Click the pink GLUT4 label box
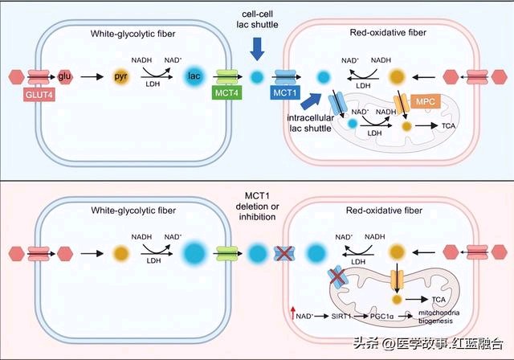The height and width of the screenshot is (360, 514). click(x=39, y=95)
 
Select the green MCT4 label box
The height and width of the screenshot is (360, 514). click(x=226, y=93)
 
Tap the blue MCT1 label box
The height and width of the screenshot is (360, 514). click(x=285, y=92)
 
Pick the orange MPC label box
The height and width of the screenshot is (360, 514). click(x=425, y=101)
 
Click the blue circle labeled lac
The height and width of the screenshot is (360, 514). click(x=194, y=76)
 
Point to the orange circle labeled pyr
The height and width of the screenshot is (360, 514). click(x=120, y=76)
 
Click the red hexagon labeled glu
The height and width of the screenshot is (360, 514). click(x=65, y=76)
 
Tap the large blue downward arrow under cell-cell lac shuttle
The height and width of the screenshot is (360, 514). click(x=257, y=49)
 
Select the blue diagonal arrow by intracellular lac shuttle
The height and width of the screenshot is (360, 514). click(x=312, y=101)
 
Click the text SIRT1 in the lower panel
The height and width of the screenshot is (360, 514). click(x=341, y=317)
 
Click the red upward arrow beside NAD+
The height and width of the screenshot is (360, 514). click(x=292, y=313)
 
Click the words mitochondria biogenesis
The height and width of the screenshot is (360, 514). click(x=439, y=317)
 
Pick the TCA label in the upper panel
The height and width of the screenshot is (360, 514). click(x=448, y=126)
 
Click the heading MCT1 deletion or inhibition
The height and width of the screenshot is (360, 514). click(x=257, y=207)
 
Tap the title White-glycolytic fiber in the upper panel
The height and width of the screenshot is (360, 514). click(x=133, y=34)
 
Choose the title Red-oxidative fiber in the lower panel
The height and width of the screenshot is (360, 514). click(x=384, y=211)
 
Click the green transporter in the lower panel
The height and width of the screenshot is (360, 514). click(x=226, y=254)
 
